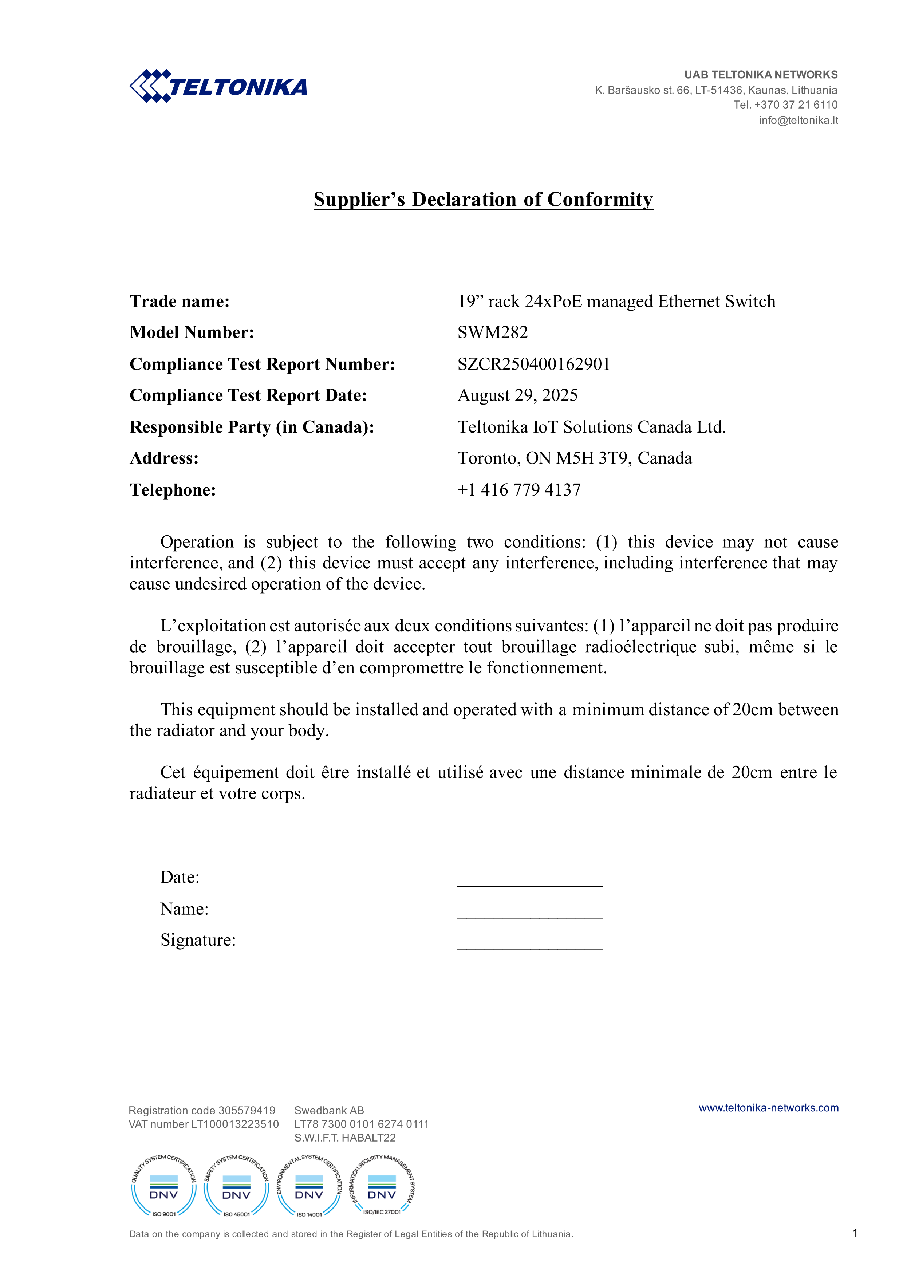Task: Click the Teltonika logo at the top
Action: (218, 86)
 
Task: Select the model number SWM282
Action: (493, 332)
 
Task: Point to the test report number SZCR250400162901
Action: (534, 364)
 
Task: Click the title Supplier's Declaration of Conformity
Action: (483, 199)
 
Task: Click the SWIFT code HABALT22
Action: (368, 1138)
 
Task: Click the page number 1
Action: (855, 1233)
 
